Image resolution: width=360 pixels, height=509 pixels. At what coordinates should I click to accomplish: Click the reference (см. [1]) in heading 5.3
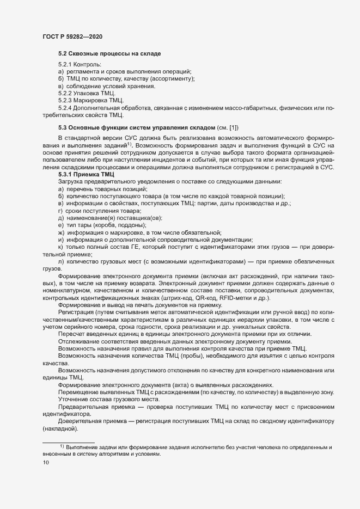233,127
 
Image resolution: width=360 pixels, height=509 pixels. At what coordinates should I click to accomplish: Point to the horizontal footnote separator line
69,442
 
